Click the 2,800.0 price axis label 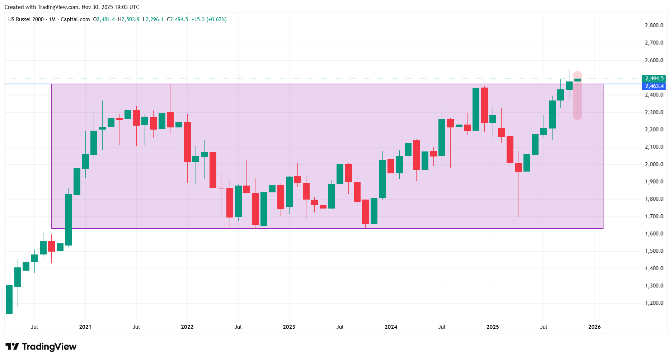pyautogui.click(x=654, y=25)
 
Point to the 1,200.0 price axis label pyautogui.click(x=654, y=303)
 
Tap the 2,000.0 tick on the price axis pyautogui.click(x=654, y=164)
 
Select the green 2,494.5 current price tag pyautogui.click(x=654, y=79)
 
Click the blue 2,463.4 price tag pyautogui.click(x=654, y=86)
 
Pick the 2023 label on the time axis pyautogui.click(x=289, y=327)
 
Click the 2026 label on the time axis pyautogui.click(x=595, y=327)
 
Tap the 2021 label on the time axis pyautogui.click(x=85, y=327)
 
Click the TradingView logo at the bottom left pyautogui.click(x=41, y=347)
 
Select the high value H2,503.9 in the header pyautogui.click(x=129, y=19)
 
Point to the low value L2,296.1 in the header pyautogui.click(x=153, y=19)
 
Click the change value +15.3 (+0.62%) pyautogui.click(x=209, y=19)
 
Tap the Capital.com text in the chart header pyautogui.click(x=75, y=19)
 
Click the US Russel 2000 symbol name pyautogui.click(x=26, y=19)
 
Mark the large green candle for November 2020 pyautogui.click(x=68, y=220)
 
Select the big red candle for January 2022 pyautogui.click(x=187, y=142)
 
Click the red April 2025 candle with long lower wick pyautogui.click(x=518, y=168)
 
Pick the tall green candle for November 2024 pyautogui.click(x=476, y=109)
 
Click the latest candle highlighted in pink pyautogui.click(x=578, y=80)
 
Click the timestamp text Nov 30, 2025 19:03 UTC pyautogui.click(x=111, y=7)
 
